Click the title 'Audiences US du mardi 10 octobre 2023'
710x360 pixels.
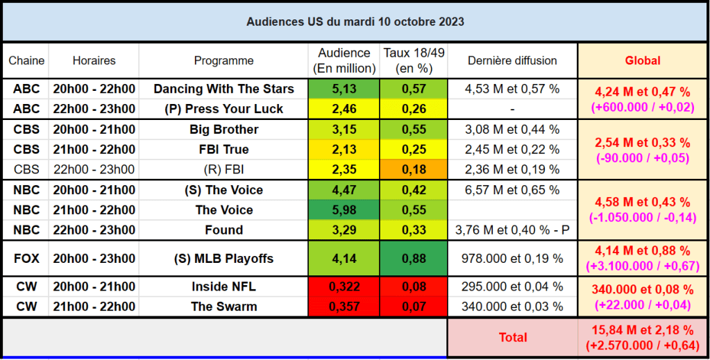[355, 22]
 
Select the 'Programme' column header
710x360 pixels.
[223, 61]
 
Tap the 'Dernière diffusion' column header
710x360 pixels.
[512, 61]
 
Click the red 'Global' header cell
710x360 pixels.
[643, 61]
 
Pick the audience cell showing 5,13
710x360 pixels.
[344, 89]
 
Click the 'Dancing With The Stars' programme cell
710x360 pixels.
[223, 89]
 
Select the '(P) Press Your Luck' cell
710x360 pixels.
[223, 109]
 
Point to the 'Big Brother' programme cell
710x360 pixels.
[223, 130]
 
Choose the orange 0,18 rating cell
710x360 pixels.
[413, 170]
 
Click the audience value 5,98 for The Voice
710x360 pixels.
[344, 210]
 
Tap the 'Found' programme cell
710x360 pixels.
[223, 230]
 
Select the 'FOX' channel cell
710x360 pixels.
[26, 259]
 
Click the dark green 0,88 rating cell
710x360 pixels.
[413, 259]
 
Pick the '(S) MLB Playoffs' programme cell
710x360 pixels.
[223, 259]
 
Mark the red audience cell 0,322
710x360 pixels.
[344, 287]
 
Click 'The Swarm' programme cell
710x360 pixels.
[223, 307]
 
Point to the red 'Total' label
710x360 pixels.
[512, 337]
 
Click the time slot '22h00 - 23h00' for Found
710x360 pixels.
[94, 230]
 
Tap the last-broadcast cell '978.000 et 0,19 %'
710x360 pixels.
[512, 259]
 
